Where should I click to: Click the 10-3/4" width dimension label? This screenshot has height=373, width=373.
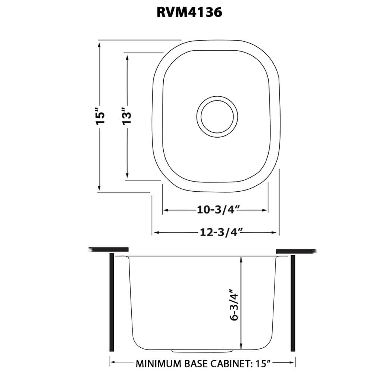click(215, 210)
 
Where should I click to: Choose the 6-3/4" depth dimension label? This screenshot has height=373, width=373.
click(234, 305)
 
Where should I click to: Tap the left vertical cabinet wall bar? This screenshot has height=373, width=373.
click(111, 302)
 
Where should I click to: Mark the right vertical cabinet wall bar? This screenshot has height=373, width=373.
click(293, 302)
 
